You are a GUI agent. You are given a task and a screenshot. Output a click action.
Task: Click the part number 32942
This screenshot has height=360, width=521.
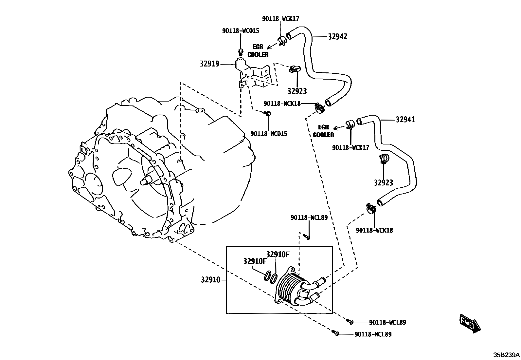[337, 37]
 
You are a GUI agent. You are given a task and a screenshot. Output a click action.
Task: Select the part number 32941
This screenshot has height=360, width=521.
[405, 120]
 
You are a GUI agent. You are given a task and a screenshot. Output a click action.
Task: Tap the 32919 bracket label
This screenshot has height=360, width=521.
[209, 64]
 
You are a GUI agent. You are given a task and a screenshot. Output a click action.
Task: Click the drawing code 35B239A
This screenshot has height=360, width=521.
[507, 354]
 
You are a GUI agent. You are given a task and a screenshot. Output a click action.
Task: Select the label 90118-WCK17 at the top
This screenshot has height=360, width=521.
[280, 19]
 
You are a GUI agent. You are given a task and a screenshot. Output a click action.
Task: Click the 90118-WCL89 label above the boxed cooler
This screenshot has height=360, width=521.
[309, 217]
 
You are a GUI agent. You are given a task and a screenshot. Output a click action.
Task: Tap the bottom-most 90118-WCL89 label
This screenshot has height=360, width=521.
[373, 334]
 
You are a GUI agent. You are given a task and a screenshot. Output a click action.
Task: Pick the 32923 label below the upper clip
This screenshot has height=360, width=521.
[297, 91]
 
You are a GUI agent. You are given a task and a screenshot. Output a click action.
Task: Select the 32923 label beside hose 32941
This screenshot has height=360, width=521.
[384, 183]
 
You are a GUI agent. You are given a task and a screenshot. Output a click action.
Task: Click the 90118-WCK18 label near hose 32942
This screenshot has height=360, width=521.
[282, 104]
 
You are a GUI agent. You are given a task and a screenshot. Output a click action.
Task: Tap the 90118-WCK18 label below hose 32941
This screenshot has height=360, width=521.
[374, 230]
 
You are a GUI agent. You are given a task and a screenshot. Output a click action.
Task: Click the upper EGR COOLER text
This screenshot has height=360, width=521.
[258, 51]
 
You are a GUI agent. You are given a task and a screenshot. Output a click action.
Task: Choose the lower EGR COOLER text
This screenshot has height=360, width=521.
[323, 131]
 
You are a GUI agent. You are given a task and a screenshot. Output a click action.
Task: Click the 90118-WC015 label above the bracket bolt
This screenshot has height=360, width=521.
[241, 30]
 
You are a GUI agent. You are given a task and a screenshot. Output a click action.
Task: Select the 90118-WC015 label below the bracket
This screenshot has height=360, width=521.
[269, 134]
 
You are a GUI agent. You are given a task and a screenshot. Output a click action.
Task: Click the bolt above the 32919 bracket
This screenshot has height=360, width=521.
[241, 51]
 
